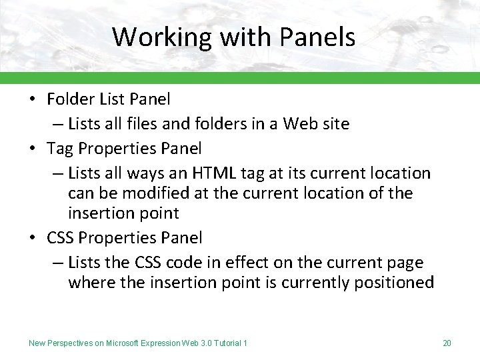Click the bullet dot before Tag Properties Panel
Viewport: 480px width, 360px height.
[x=33, y=148]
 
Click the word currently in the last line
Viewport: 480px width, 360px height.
[x=317, y=283]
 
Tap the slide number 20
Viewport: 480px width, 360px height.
[x=447, y=343]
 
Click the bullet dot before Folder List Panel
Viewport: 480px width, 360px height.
[x=33, y=100]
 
